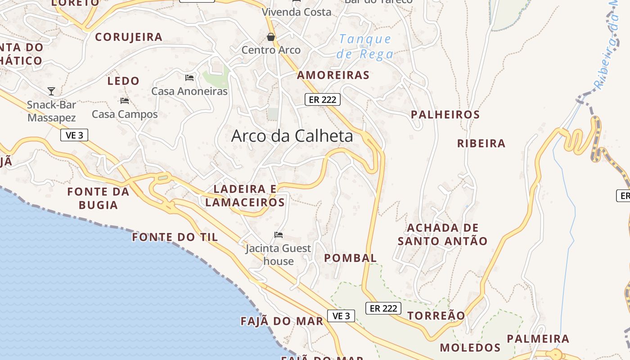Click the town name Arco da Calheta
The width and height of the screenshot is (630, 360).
coord(292,136)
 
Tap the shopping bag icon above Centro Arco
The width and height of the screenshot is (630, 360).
coord(271,37)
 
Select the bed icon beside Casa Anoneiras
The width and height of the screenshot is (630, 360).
coord(189,78)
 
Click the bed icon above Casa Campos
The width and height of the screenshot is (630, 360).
coord(125,101)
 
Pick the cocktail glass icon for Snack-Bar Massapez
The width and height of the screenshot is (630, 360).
coord(51,91)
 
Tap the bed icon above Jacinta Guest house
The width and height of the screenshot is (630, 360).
coord(279,235)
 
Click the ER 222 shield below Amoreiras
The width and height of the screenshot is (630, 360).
coord(323,99)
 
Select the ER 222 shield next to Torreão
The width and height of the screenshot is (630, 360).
coord(383,308)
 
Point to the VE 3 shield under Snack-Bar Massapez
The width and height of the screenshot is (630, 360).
coord(74,135)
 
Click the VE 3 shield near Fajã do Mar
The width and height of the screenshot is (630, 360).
coord(341,316)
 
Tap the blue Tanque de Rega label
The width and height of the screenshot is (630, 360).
coord(365,46)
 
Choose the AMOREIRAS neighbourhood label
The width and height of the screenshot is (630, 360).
coord(333,75)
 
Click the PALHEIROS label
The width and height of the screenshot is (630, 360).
coord(445,115)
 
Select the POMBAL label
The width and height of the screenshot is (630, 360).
coord(351,258)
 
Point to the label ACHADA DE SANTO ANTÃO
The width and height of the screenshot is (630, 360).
coord(443,234)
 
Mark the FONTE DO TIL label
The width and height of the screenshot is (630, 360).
coord(175,237)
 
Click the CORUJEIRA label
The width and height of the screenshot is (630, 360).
coord(129,37)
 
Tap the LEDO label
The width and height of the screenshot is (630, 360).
coord(123,81)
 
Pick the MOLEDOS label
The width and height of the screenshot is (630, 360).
coord(470,347)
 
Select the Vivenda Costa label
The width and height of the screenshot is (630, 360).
coord(297,12)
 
